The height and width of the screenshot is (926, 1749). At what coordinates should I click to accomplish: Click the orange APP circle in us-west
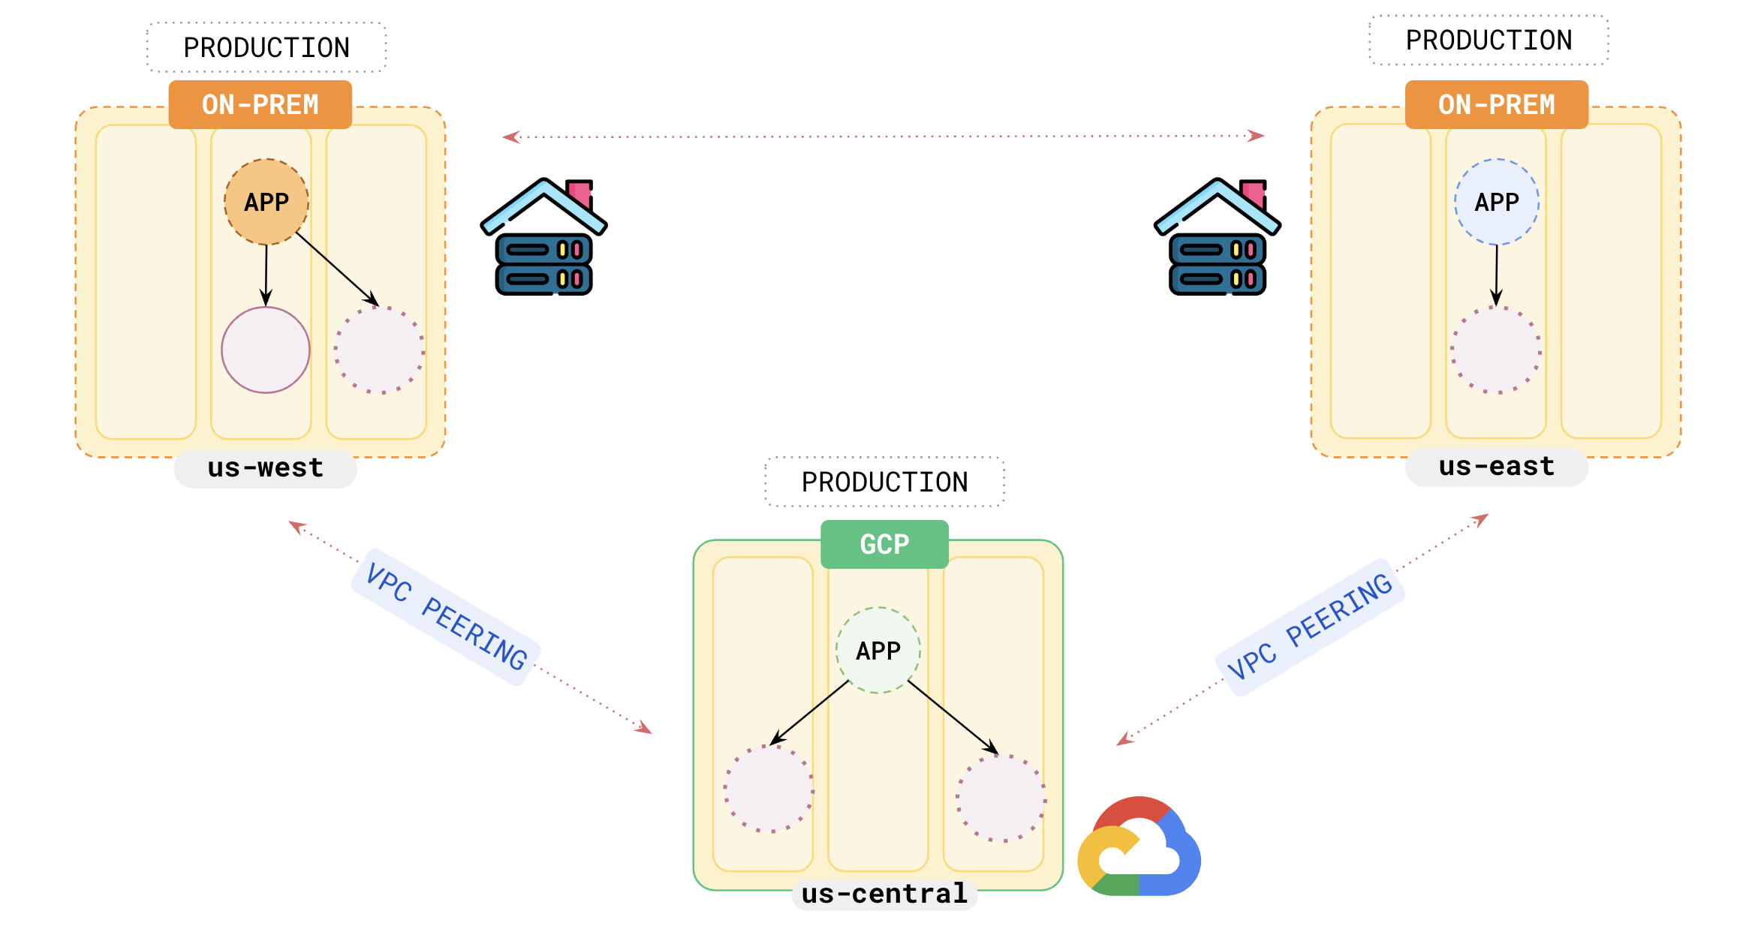point(266,202)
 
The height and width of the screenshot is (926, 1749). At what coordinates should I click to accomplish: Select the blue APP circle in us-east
point(1496,202)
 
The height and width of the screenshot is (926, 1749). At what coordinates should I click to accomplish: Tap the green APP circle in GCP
point(878,650)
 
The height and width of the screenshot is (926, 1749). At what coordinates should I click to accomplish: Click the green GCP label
point(884,544)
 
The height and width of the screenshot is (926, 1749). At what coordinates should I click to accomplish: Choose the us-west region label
point(266,468)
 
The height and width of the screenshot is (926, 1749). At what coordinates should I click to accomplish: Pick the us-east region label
point(1496,467)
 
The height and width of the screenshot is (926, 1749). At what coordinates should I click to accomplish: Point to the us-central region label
point(884,894)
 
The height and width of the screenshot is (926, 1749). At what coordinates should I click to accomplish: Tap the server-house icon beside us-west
point(543,237)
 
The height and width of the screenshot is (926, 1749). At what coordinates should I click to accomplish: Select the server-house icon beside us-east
point(1217,237)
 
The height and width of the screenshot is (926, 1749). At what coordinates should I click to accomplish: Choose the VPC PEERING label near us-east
point(1310,627)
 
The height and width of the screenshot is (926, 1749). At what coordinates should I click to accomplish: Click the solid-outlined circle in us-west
point(266,350)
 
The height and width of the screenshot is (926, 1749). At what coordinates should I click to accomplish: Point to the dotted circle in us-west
point(379,350)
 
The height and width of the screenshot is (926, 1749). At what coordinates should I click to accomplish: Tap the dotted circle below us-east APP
point(1496,350)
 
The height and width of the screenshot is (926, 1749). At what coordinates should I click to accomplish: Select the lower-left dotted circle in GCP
point(768,788)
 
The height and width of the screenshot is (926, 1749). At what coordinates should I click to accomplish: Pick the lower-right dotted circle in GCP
point(1001,798)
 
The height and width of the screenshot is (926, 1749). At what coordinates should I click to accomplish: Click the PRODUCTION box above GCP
point(884,482)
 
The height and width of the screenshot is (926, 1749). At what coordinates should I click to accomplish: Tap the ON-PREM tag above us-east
point(1496,104)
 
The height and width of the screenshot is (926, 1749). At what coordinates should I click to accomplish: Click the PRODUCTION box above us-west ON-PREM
point(266,47)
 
